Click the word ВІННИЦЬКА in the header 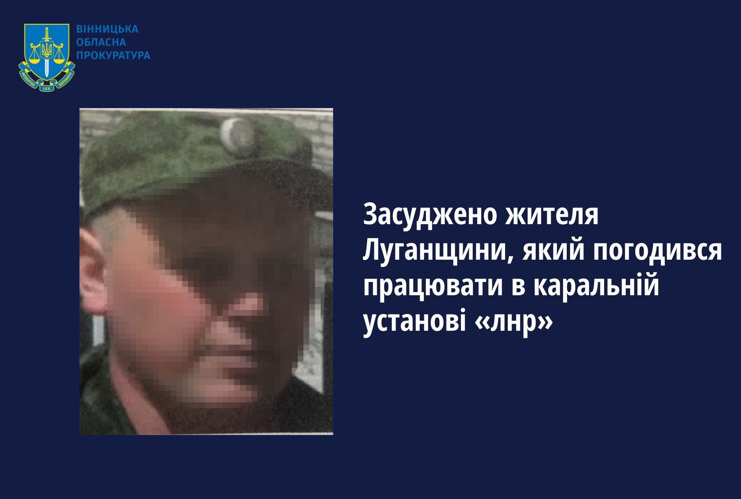coord(107,29)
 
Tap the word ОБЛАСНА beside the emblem coord(101,42)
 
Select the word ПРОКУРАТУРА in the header coord(113,56)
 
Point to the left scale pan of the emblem coord(34,60)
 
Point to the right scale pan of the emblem coord(59,60)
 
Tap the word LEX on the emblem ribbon coord(47,88)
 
